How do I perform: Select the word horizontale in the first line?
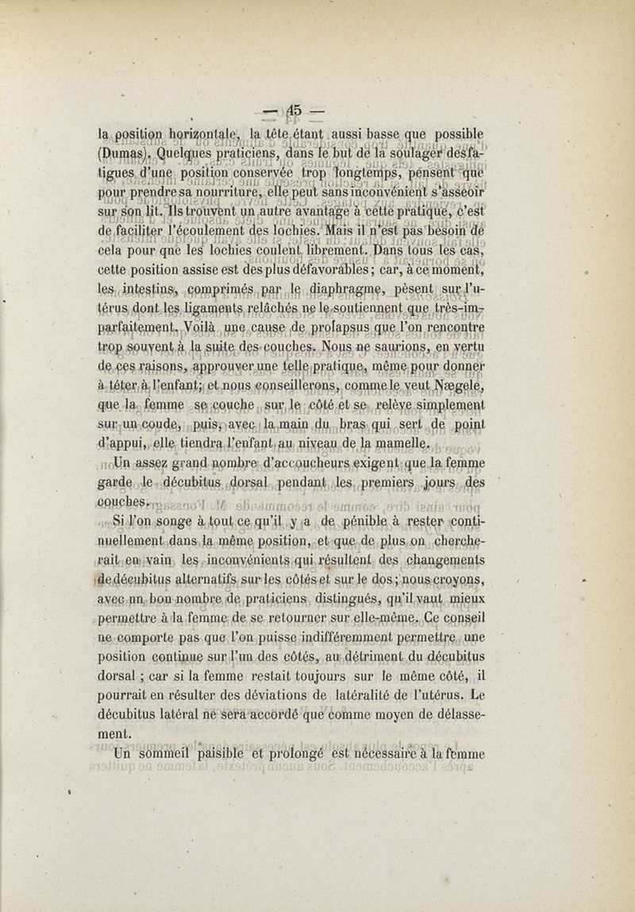(x=209, y=133)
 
